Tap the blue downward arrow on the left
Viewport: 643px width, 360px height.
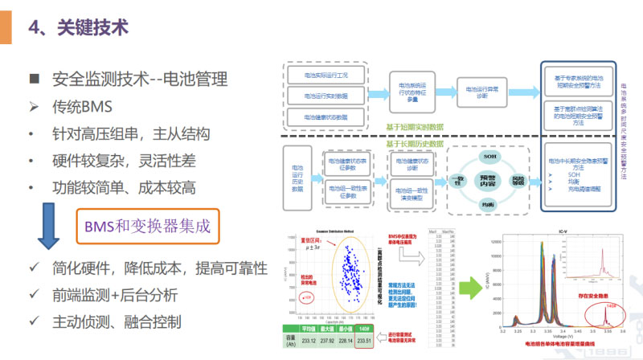point(48,227)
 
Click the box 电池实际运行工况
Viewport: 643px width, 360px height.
point(326,74)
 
